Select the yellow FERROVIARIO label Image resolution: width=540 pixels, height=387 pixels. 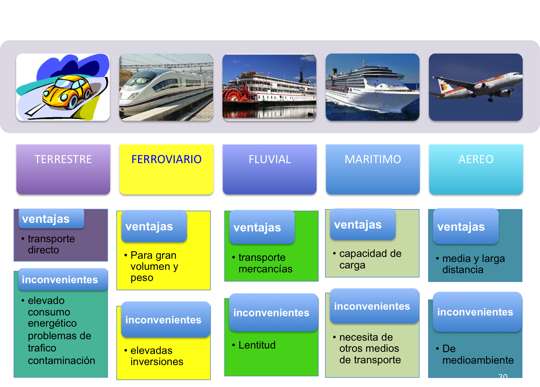click(166, 159)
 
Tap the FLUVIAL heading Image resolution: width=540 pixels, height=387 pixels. click(270, 159)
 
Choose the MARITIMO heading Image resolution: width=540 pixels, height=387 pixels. click(373, 159)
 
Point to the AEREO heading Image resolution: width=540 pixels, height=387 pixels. click(476, 159)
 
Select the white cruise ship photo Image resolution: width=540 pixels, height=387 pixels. click(372, 87)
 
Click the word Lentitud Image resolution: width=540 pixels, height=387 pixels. click(257, 345)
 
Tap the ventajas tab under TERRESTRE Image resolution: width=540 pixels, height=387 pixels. click(51, 218)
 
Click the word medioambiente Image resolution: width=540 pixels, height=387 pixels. click(478, 360)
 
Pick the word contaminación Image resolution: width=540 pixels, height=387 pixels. click(61, 360)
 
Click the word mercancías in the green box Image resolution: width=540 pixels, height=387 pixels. click(265, 269)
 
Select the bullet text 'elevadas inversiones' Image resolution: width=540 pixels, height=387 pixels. click(156, 356)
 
